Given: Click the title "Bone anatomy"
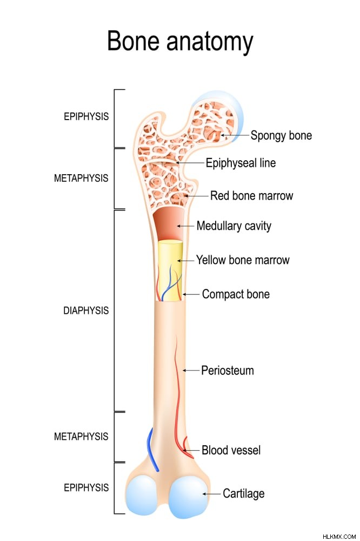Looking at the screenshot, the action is pyautogui.click(x=180, y=42).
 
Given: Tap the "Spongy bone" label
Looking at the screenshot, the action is pyautogui.click(x=281, y=136).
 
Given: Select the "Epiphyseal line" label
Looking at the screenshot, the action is pyautogui.click(x=241, y=163).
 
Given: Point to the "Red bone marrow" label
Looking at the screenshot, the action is pyautogui.click(x=252, y=196).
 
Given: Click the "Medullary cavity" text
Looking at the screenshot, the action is pyautogui.click(x=234, y=226).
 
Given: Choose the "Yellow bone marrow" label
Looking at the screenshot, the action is pyautogui.click(x=243, y=260).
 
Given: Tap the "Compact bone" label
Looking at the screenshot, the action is pyautogui.click(x=236, y=294).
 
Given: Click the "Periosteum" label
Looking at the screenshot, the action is pyautogui.click(x=228, y=371).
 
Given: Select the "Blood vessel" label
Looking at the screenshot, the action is pyautogui.click(x=231, y=450).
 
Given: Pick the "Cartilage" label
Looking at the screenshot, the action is pyautogui.click(x=243, y=494).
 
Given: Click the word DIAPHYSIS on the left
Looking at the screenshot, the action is pyautogui.click(x=86, y=311).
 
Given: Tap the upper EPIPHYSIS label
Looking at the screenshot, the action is pyautogui.click(x=86, y=116).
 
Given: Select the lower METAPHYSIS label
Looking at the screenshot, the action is pyautogui.click(x=81, y=437).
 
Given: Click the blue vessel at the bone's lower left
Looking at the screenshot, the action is pyautogui.click(x=152, y=449).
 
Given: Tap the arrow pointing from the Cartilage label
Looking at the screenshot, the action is pyautogui.click(x=211, y=494).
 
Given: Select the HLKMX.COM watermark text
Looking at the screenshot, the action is pyautogui.click(x=339, y=537).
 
